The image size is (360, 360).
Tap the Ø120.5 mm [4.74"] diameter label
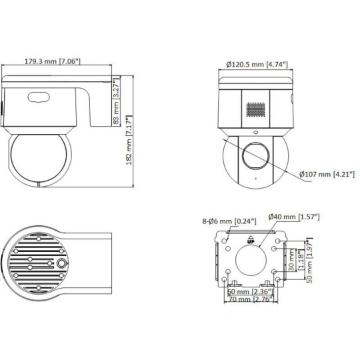(257, 65)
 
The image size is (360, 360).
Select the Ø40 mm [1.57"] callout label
(293, 217)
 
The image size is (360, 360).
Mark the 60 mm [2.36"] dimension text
(249, 292)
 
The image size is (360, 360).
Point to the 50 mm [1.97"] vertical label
(309, 260)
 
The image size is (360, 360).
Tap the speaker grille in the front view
(257, 109)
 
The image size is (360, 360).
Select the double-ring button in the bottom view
(62, 263)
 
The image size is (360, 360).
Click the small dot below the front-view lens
(254, 179)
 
